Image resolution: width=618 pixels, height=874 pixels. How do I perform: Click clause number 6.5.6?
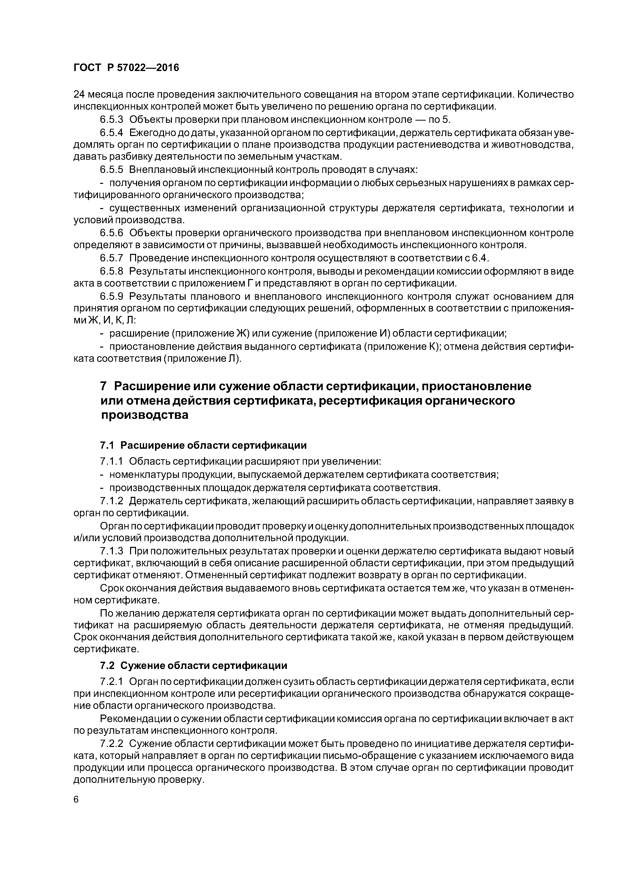112,233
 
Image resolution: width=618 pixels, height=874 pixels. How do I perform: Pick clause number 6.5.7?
112,258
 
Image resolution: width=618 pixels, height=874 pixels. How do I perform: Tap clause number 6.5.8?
112,271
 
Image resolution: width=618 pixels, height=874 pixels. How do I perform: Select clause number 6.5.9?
112,296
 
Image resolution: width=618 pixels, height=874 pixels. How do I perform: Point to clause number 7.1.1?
112,461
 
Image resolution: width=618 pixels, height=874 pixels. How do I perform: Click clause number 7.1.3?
112,551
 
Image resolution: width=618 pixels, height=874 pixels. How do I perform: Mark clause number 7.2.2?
112,744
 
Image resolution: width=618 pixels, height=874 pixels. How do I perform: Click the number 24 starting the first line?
79,94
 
